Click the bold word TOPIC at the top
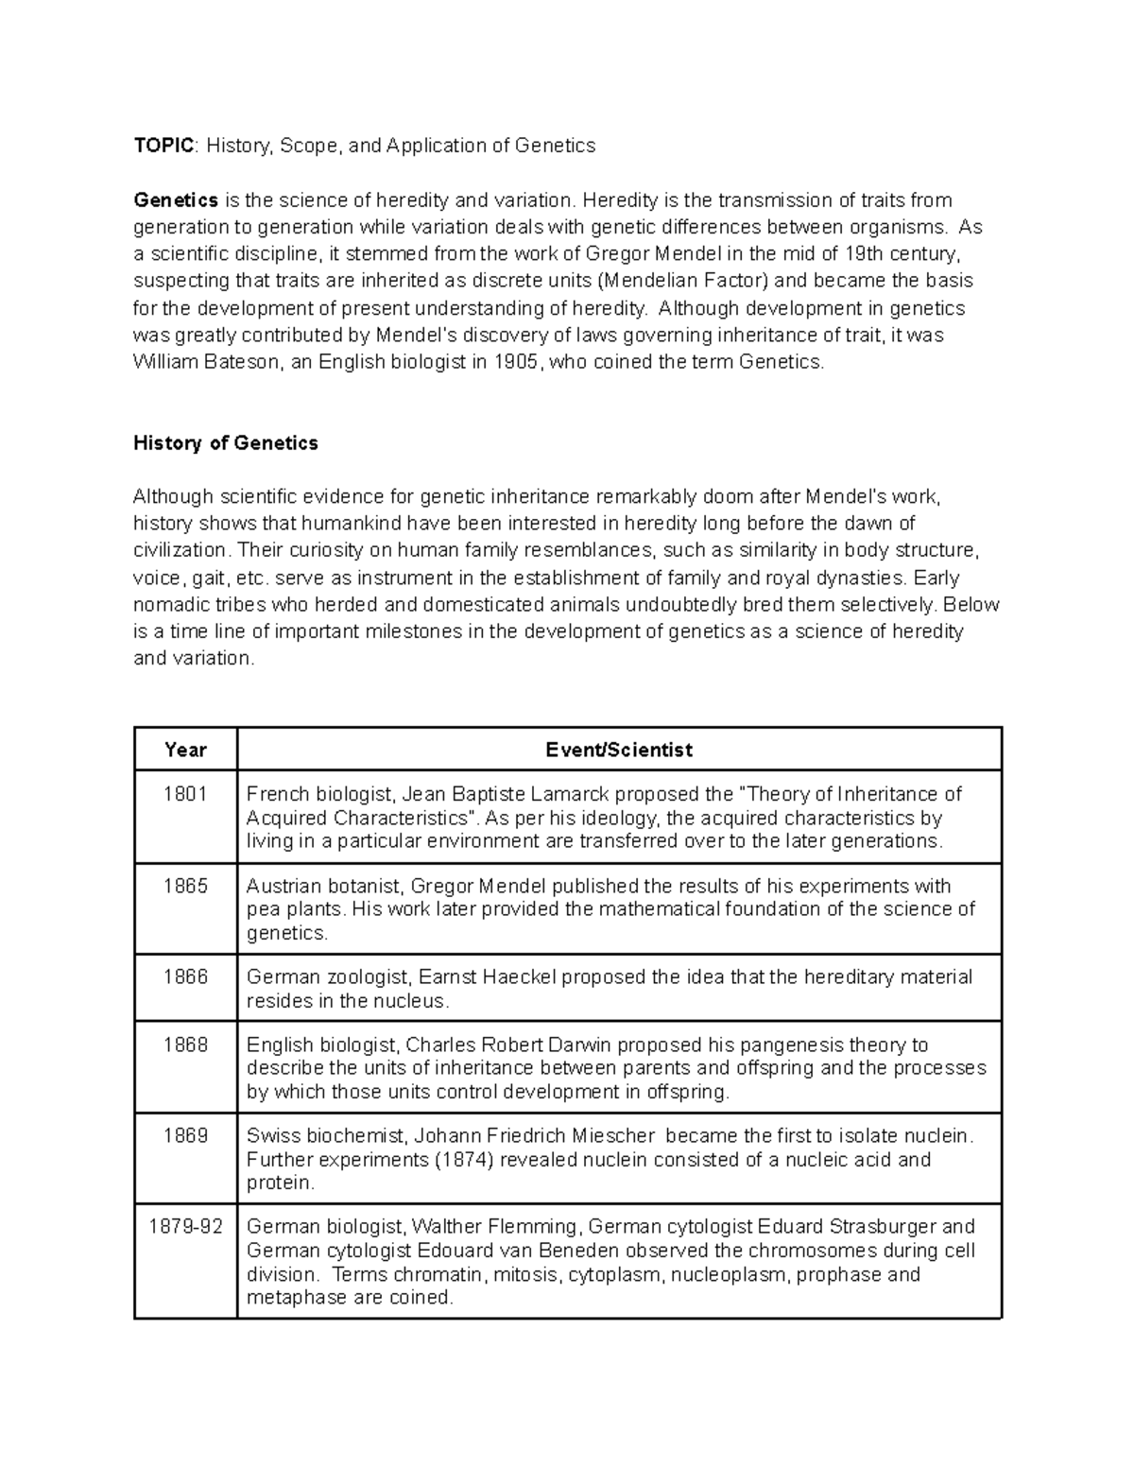(164, 146)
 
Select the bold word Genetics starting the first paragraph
(176, 200)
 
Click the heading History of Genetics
(226, 443)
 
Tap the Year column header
(185, 750)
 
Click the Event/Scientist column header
(619, 750)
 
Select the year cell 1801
(185, 794)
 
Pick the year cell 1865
(185, 887)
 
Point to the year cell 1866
(185, 977)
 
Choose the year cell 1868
(185, 1045)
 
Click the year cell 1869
(185, 1136)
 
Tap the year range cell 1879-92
(185, 1227)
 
